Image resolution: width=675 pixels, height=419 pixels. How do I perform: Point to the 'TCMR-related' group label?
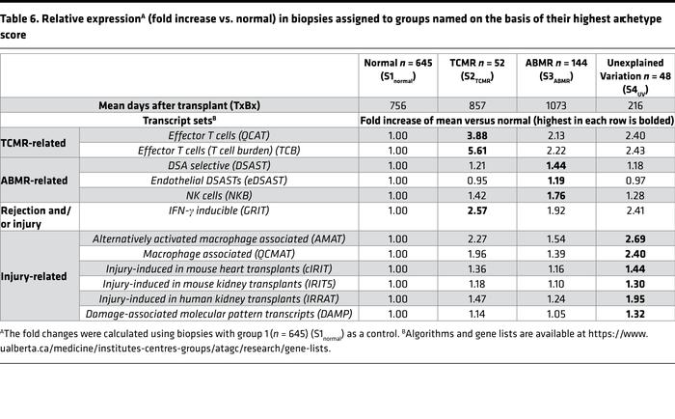point(40,143)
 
